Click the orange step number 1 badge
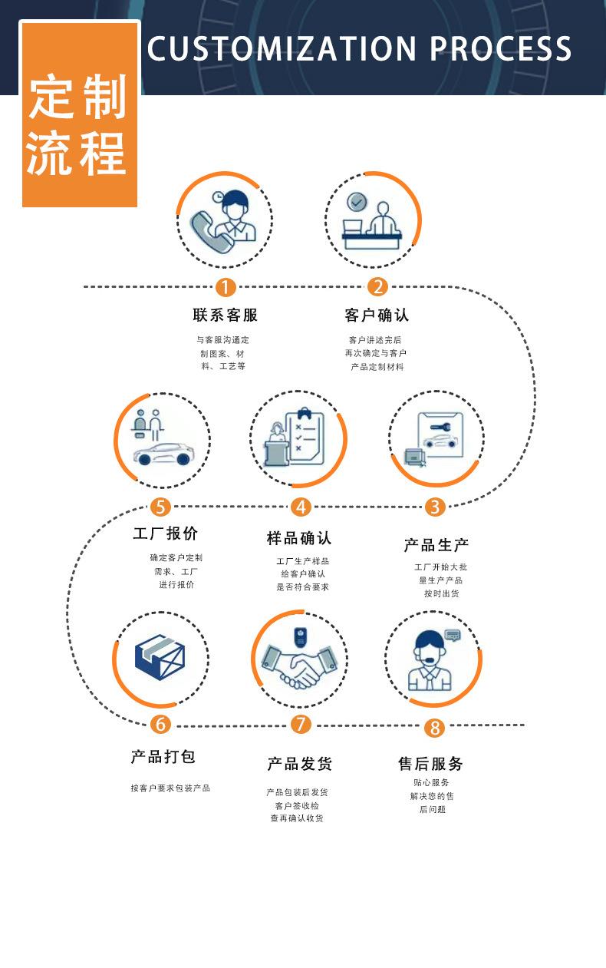coord(225,287)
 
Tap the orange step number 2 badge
coord(377,286)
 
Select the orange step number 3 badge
coord(435,507)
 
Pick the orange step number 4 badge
coord(301,507)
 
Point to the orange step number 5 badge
coord(160,507)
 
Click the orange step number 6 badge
coord(160,724)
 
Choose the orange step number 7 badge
coord(301,724)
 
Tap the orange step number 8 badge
coord(434,728)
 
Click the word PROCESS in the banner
coord(501,48)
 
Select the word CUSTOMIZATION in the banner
coord(282,48)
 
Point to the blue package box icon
coord(160,657)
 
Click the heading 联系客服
coord(225,315)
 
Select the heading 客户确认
coord(377,315)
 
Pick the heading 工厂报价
coord(166,534)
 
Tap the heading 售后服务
coord(430,764)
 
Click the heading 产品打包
coord(163,756)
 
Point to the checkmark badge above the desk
coord(357,201)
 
